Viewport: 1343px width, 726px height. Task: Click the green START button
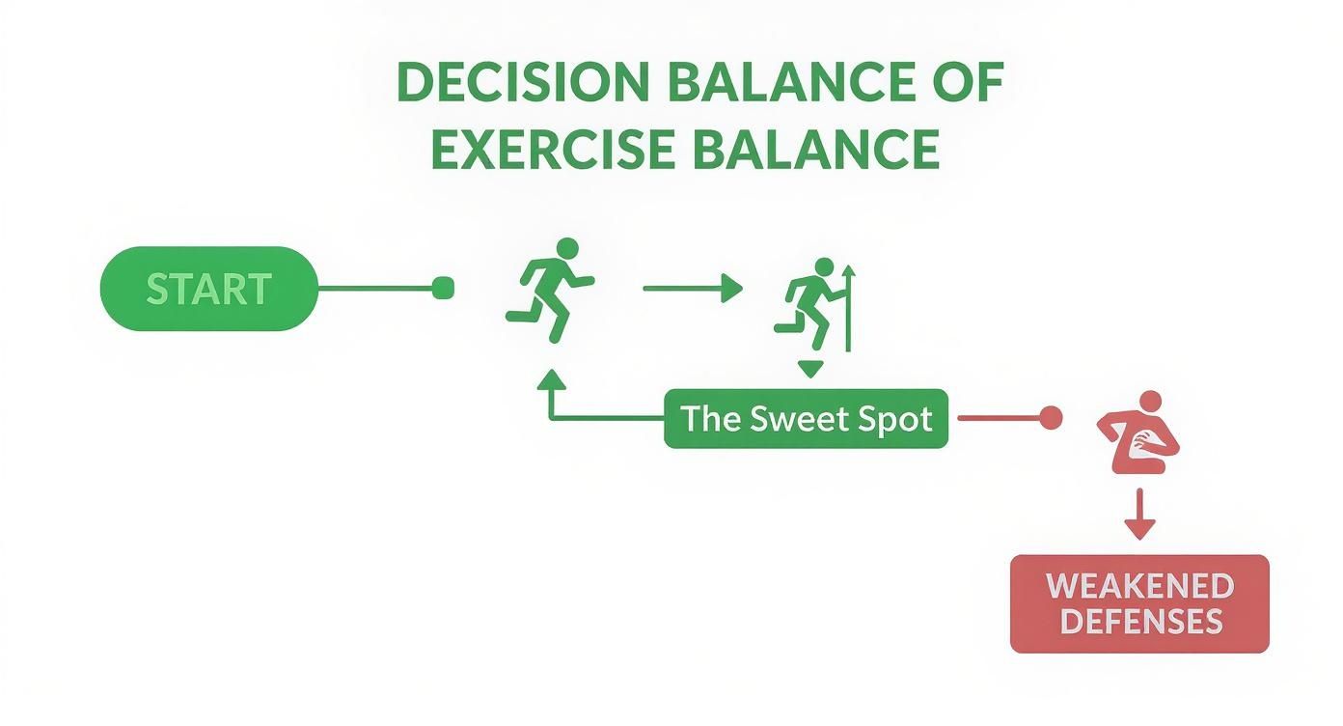pyautogui.click(x=208, y=289)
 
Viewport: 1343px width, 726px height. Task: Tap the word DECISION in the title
pyautogui.click(x=522, y=84)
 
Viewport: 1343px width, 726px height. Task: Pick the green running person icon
pyautogui.click(x=551, y=289)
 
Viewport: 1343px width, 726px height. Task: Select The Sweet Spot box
pyautogui.click(x=806, y=419)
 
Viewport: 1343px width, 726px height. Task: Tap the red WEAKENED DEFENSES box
pyautogui.click(x=1139, y=603)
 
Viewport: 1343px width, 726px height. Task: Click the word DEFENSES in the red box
pyautogui.click(x=1139, y=621)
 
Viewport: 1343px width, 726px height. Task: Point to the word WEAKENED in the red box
pyautogui.click(x=1139, y=586)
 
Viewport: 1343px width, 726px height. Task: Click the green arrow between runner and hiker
pyautogui.click(x=692, y=287)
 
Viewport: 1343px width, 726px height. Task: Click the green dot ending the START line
pyautogui.click(x=443, y=287)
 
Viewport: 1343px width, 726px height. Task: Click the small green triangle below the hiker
pyautogui.click(x=809, y=368)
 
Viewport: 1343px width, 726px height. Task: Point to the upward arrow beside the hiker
pyautogui.click(x=848, y=307)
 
